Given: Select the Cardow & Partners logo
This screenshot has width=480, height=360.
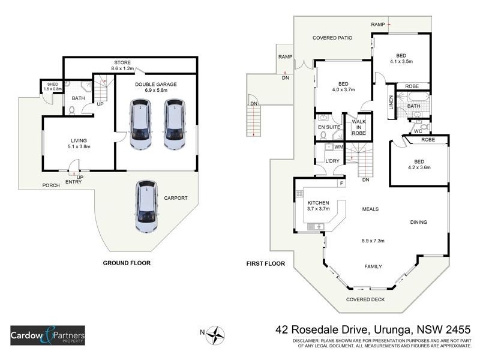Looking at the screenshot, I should pyautogui.click(x=47, y=334).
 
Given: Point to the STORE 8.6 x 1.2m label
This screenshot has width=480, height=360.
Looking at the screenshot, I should pyautogui.click(x=122, y=65).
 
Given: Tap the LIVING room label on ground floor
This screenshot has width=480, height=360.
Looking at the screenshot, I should pyautogui.click(x=79, y=143).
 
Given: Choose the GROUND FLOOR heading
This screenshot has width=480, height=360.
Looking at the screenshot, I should pyautogui.click(x=127, y=263).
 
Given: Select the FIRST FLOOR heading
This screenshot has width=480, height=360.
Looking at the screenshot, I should pyautogui.click(x=265, y=263).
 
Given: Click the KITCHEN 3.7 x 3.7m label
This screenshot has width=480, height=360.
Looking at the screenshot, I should pyautogui.click(x=319, y=206).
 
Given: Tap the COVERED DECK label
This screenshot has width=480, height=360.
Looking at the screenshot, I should pyautogui.click(x=365, y=299).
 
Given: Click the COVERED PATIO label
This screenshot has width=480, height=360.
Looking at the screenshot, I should pyautogui.click(x=332, y=38).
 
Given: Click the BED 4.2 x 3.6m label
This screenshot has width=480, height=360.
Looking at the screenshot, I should pyautogui.click(x=419, y=164).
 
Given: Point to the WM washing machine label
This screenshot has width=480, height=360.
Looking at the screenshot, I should pyautogui.click(x=338, y=147).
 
